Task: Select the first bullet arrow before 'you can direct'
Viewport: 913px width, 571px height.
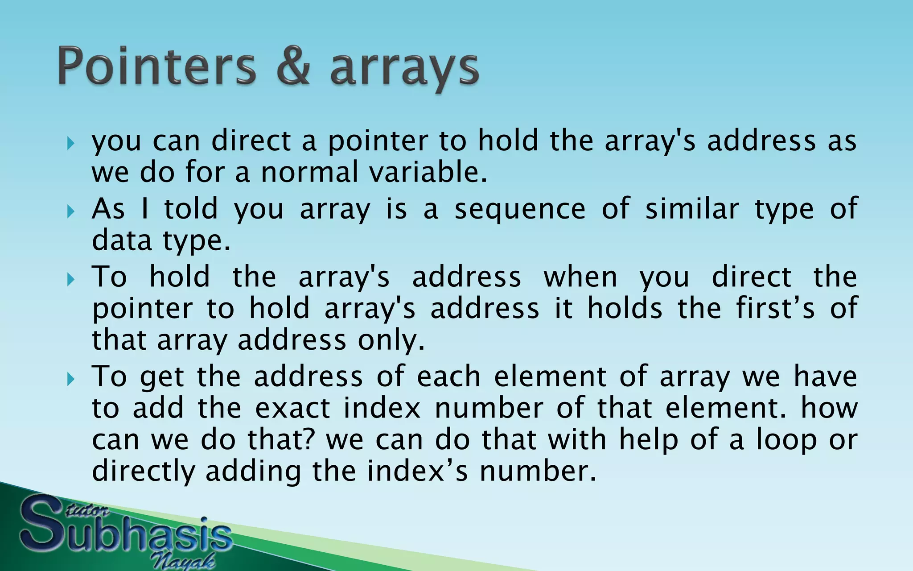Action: click(70, 144)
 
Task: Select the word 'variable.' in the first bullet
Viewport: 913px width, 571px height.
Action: click(428, 172)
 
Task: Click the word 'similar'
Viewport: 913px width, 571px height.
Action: click(692, 209)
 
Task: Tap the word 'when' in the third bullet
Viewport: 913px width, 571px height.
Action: click(580, 277)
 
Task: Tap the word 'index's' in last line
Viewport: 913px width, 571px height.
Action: click(418, 472)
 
